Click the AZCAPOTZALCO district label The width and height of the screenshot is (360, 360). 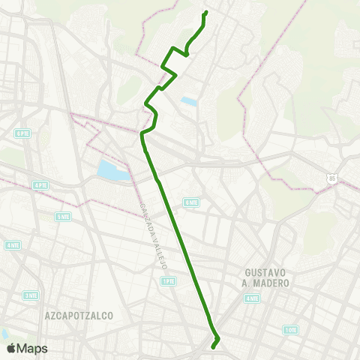[x=79, y=316]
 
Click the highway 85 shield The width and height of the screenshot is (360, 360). [x=332, y=178]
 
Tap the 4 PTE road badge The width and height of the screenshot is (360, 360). [x=40, y=184]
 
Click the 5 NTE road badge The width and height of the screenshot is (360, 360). [x=63, y=216]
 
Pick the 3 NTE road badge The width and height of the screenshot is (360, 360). [x=30, y=295]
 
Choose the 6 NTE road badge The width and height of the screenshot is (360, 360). [x=192, y=202]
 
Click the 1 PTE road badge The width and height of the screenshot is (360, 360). [x=168, y=281]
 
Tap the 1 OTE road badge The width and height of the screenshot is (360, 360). [x=291, y=329]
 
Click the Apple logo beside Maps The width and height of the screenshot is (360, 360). [x=11, y=348]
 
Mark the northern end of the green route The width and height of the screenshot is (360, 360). [x=206, y=12]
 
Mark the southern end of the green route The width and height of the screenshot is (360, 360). [x=214, y=347]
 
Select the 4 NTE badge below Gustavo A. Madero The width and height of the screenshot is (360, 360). [x=250, y=298]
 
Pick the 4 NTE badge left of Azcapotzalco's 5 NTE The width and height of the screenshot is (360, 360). [x=13, y=244]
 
